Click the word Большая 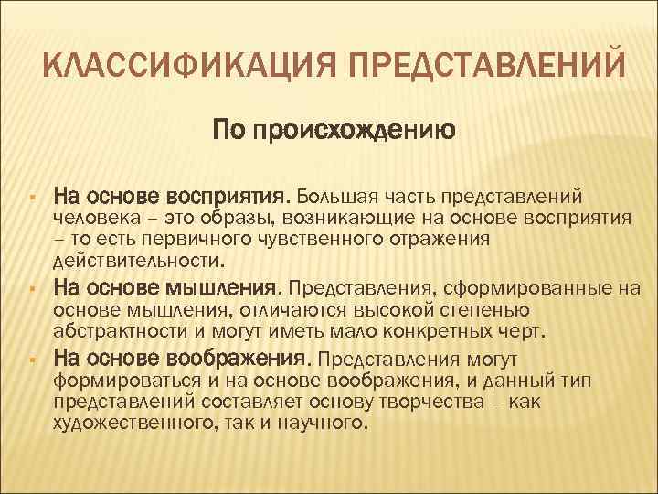340,197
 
